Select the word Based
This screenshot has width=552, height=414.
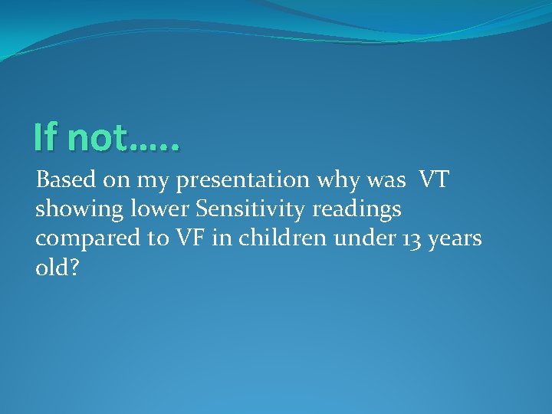[63, 180]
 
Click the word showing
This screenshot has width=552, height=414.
[71, 210]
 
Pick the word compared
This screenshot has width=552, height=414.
[83, 239]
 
